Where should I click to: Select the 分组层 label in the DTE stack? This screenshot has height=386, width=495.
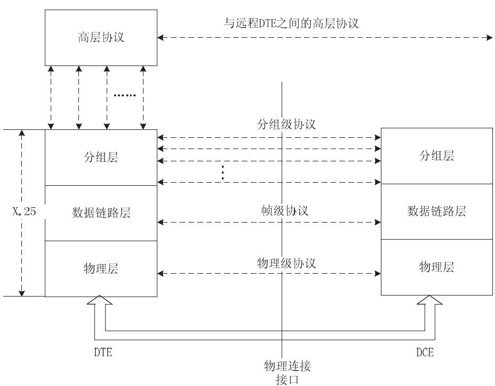tap(101, 157)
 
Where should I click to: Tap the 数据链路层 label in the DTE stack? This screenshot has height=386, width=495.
tap(101, 212)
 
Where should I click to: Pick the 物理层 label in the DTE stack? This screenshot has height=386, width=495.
tap(101, 268)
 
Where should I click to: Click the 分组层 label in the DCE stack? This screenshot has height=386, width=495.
tap(437, 155)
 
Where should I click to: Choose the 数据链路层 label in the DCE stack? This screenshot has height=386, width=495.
tap(437, 211)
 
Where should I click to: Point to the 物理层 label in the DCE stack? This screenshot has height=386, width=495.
tap(437, 267)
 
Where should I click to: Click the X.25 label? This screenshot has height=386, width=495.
tap(25, 211)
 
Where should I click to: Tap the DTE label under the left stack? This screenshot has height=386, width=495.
tap(103, 352)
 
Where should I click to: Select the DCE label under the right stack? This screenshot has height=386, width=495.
tap(425, 352)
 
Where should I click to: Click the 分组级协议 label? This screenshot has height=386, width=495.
tap(286, 125)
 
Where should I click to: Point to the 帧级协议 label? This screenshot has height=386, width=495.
tap(285, 210)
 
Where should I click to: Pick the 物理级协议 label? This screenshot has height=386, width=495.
tap(286, 263)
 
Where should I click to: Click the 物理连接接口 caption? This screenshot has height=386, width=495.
tap(288, 373)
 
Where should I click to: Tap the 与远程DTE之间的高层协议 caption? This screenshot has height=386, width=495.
tap(291, 23)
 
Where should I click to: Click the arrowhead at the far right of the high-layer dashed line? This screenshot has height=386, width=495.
tap(490, 38)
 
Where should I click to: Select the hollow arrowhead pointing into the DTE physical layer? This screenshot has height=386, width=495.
tap(99, 300)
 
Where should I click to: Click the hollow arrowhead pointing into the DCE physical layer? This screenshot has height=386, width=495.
tap(429, 300)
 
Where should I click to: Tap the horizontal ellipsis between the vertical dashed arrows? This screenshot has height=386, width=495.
tap(125, 95)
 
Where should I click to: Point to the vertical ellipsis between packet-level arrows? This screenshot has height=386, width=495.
tap(223, 173)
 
